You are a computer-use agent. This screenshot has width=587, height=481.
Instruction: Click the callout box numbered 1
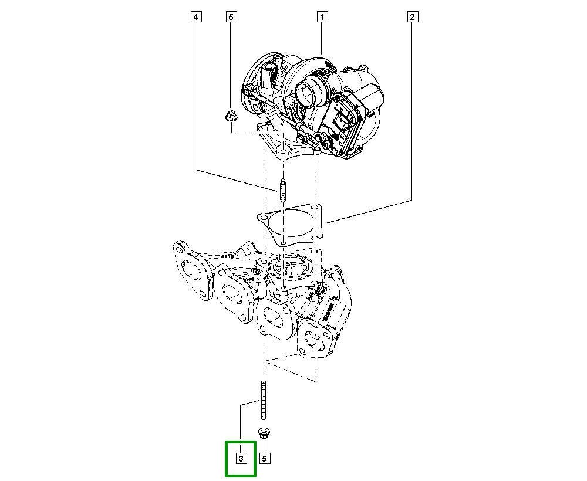click(x=322, y=17)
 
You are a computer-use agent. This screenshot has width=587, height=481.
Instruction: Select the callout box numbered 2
click(x=413, y=17)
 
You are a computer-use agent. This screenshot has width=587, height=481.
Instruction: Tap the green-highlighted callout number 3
click(x=241, y=458)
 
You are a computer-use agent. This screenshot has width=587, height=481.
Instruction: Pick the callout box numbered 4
click(x=196, y=17)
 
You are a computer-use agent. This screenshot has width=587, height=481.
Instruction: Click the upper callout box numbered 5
click(x=231, y=17)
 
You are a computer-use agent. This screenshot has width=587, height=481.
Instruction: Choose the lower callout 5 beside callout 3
click(x=265, y=458)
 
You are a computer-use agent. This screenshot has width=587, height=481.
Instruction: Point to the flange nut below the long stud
click(x=264, y=435)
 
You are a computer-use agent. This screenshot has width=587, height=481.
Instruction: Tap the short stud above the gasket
click(x=283, y=191)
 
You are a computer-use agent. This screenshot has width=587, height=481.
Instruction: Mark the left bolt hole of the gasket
click(x=264, y=218)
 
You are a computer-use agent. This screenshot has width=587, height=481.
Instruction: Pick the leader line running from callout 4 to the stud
click(x=235, y=179)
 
